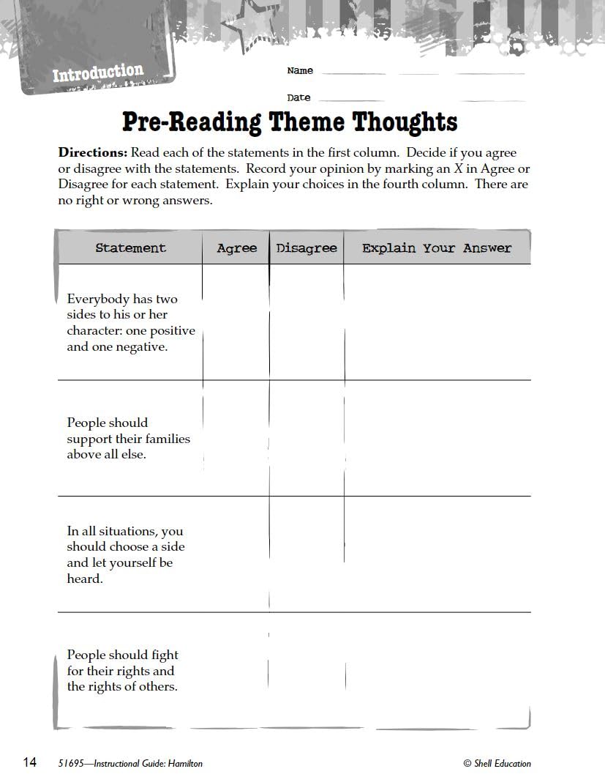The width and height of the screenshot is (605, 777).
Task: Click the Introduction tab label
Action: pyautogui.click(x=98, y=73)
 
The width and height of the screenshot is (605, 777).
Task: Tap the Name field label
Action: pyautogui.click(x=300, y=71)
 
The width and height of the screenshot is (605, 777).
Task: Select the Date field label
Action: pyautogui.click(x=298, y=97)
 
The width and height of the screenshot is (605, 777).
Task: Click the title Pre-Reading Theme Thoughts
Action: pyautogui.click(x=290, y=122)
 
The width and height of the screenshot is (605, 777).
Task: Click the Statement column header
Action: pyautogui.click(x=130, y=248)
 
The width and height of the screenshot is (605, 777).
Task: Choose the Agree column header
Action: pyautogui.click(x=236, y=248)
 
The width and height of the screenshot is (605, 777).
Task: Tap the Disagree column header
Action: pyautogui.click(x=307, y=248)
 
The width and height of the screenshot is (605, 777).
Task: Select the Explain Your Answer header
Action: pyautogui.click(x=437, y=248)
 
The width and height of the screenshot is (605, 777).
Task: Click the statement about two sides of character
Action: pyautogui.click(x=130, y=323)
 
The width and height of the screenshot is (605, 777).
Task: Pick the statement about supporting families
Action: pyautogui.click(x=128, y=439)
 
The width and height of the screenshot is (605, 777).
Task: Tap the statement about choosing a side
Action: pyautogui.click(x=125, y=555)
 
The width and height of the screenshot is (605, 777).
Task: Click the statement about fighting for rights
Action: pyautogui.click(x=122, y=671)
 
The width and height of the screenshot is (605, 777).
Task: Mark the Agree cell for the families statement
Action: pyautogui.click(x=236, y=439)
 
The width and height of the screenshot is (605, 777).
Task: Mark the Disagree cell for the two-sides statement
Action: pyautogui.click(x=307, y=322)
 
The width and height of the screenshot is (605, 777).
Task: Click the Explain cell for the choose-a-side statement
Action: pyautogui.click(x=437, y=554)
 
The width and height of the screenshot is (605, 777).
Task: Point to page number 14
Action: pyautogui.click(x=29, y=762)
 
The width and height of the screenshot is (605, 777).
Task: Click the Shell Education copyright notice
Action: pyautogui.click(x=497, y=764)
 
